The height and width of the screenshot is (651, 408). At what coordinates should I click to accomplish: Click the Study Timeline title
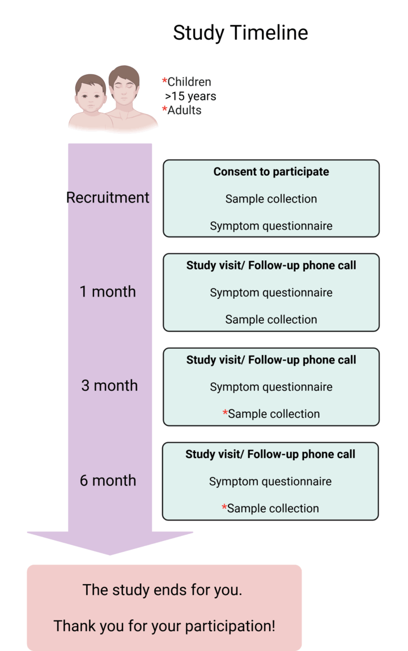(x=240, y=33)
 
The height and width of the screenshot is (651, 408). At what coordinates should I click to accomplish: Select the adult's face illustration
(x=125, y=88)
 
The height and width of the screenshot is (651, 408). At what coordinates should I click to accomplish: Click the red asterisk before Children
(x=164, y=81)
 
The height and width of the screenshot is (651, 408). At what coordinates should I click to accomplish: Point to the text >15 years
(x=190, y=96)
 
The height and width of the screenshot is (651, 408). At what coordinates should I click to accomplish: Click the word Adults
(x=184, y=110)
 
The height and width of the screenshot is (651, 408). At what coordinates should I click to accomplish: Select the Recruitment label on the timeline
(x=108, y=197)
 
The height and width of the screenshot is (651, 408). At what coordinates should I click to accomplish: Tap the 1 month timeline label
(x=108, y=291)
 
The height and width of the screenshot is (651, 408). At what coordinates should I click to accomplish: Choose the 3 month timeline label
(x=109, y=386)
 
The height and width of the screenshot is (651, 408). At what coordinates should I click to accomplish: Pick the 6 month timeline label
(x=108, y=480)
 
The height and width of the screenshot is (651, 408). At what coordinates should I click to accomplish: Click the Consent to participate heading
(x=271, y=172)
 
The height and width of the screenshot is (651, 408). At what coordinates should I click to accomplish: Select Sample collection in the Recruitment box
(x=271, y=199)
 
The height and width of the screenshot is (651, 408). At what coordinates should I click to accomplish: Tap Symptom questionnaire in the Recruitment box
(x=271, y=226)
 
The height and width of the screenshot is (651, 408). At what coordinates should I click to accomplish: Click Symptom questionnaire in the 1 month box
(x=271, y=293)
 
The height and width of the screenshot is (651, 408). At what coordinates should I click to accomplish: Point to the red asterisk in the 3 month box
(x=225, y=412)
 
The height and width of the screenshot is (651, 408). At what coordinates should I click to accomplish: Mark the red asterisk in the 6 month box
(x=224, y=507)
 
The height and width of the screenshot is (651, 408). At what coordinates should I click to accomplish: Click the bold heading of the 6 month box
(x=270, y=454)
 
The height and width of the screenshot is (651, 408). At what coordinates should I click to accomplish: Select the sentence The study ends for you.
(x=163, y=590)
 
